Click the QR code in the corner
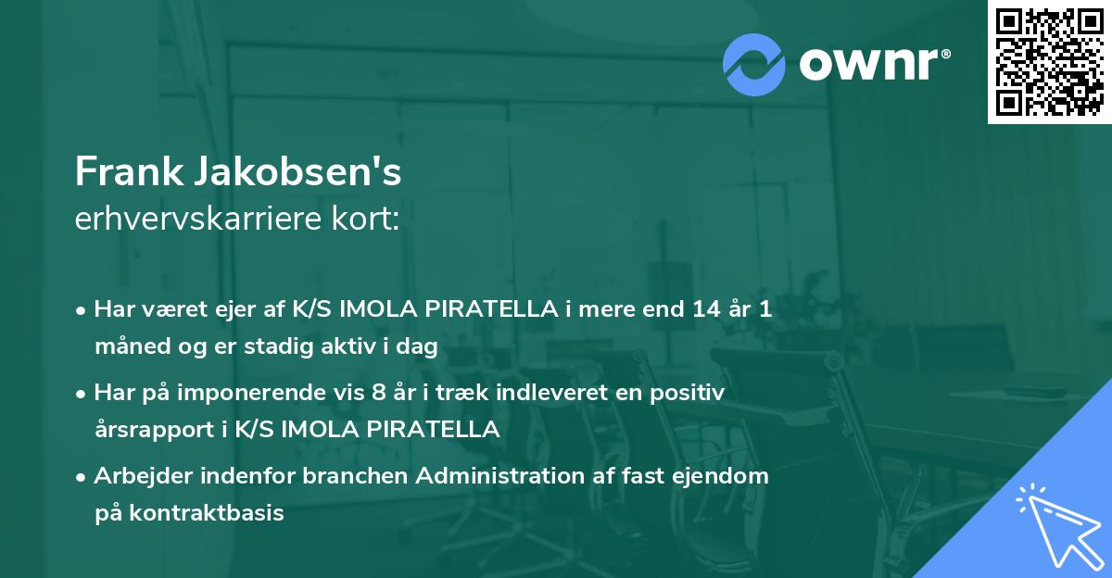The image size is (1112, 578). (x=1049, y=62)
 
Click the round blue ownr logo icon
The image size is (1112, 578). (x=754, y=64)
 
